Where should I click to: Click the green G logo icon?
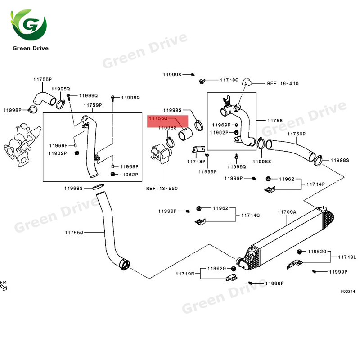point(30,25)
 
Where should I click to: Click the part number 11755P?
point(42,79)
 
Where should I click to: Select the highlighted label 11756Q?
point(158,118)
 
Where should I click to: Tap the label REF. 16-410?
point(283,83)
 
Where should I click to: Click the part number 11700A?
point(287,211)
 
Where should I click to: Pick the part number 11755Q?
point(74,233)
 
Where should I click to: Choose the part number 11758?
point(274,121)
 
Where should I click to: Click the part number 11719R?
point(185,273)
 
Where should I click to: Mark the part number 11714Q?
point(250,215)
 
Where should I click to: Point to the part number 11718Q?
point(229,80)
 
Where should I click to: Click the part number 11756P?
point(296,134)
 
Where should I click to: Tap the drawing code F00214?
point(348,291)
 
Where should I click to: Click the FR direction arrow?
point(4,286)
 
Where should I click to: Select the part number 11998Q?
point(60,89)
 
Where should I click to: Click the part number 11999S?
point(172,74)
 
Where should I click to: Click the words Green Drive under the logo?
point(30,48)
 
